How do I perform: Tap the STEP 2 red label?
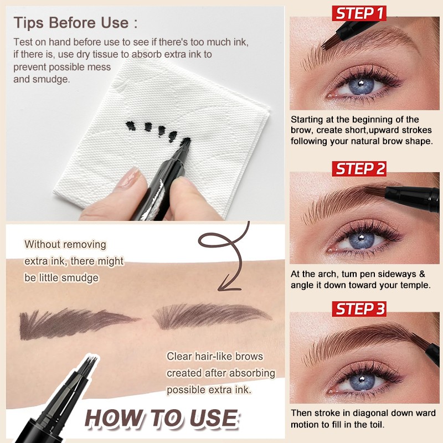coord(359,168)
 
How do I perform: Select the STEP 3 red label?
coord(359,309)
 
